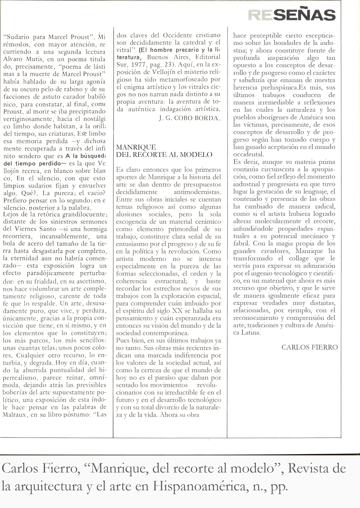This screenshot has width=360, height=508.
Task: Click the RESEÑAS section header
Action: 292,15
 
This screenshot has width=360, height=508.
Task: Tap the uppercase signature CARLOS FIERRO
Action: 309,347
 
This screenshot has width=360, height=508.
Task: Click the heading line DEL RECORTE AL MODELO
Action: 164,154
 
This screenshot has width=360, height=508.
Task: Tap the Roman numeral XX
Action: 180,310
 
